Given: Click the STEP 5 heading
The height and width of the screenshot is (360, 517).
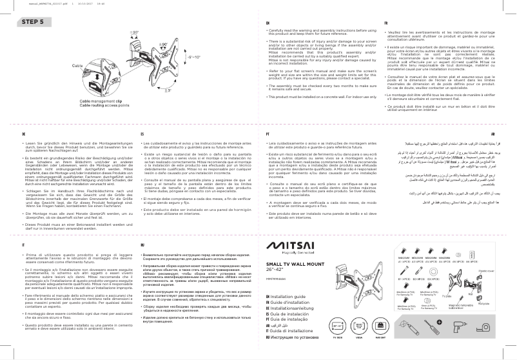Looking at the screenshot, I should [33, 21].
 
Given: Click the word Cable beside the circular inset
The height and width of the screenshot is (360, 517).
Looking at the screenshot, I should [77, 66].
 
